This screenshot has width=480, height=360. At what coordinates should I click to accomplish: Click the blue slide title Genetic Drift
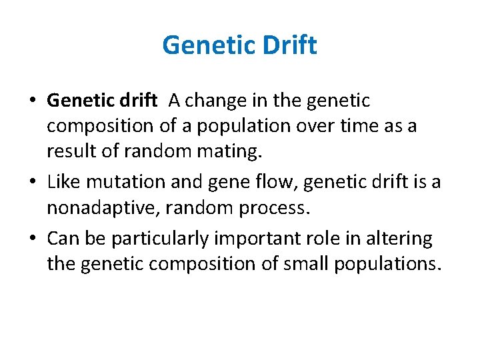[x=239, y=46]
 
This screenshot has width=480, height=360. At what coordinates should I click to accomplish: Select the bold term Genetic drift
[x=102, y=101]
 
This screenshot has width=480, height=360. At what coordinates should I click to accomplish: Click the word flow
[x=260, y=182]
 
